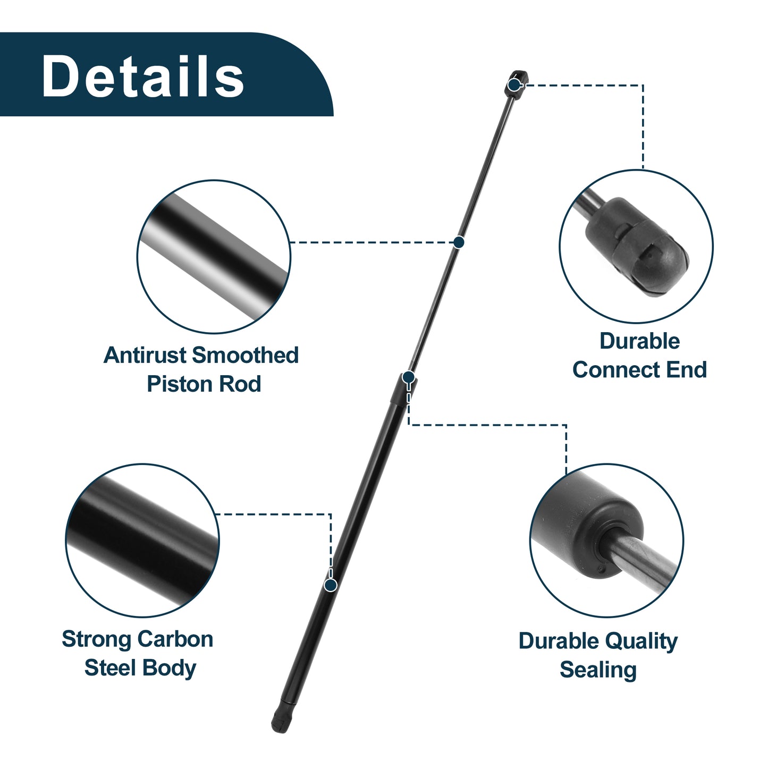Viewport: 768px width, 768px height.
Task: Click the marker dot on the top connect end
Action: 514,85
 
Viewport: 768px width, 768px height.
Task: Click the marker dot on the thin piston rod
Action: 459,242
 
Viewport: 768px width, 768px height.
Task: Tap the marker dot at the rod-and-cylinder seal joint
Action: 409,377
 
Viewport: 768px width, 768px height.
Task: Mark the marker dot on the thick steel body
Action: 331,585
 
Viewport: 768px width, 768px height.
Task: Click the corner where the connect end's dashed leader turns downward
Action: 643,85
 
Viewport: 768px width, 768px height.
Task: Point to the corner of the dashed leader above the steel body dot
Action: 331,514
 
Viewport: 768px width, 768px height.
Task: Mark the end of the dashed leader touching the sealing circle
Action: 567,475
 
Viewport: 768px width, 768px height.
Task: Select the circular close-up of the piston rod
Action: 214,257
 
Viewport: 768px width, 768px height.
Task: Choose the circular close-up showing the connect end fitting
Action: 636,246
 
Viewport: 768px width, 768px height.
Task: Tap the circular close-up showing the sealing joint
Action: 606,541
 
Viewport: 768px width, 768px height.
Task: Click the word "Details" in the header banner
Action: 142,75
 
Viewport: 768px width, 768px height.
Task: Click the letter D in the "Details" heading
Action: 60,75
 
